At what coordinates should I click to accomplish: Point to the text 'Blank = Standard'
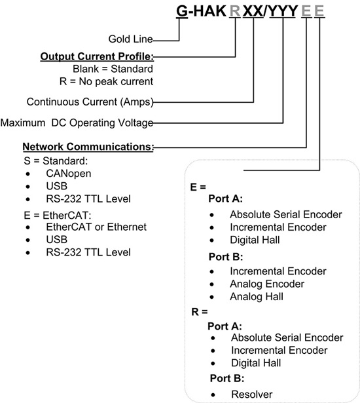click(x=113, y=69)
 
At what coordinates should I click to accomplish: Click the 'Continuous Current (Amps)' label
click(x=89, y=102)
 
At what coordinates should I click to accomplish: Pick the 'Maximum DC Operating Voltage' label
click(x=77, y=123)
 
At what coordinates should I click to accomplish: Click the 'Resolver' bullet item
click(x=251, y=394)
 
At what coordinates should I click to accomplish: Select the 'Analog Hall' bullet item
click(x=257, y=297)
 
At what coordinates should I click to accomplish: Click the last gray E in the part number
click(x=319, y=11)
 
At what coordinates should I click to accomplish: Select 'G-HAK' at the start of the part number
click(x=200, y=11)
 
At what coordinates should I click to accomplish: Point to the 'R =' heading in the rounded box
click(x=201, y=313)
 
